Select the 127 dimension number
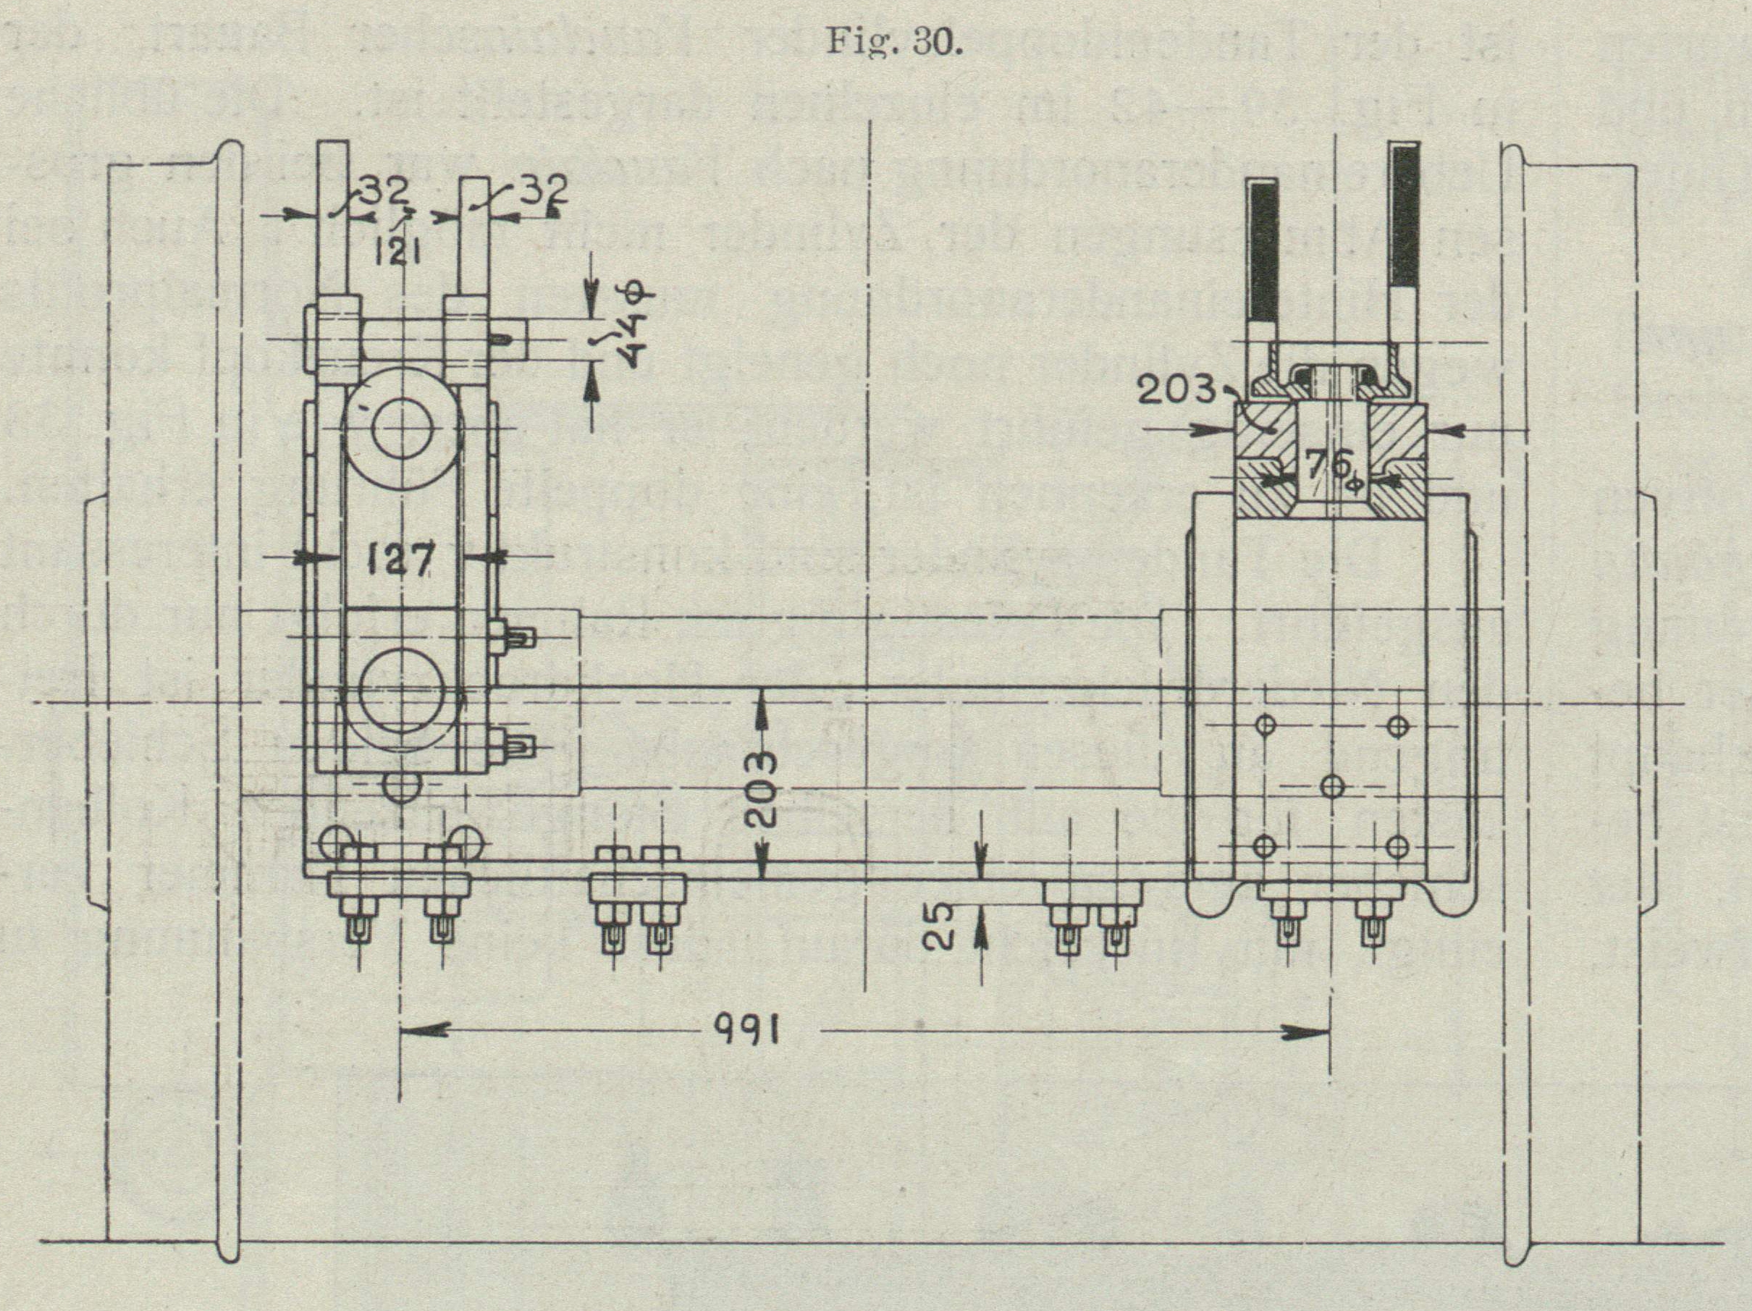pyautogui.click(x=401, y=560)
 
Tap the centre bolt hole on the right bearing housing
pyautogui.click(x=1334, y=787)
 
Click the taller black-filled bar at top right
pyautogui.click(x=1404, y=222)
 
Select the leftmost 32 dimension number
pyautogui.click(x=386, y=190)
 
